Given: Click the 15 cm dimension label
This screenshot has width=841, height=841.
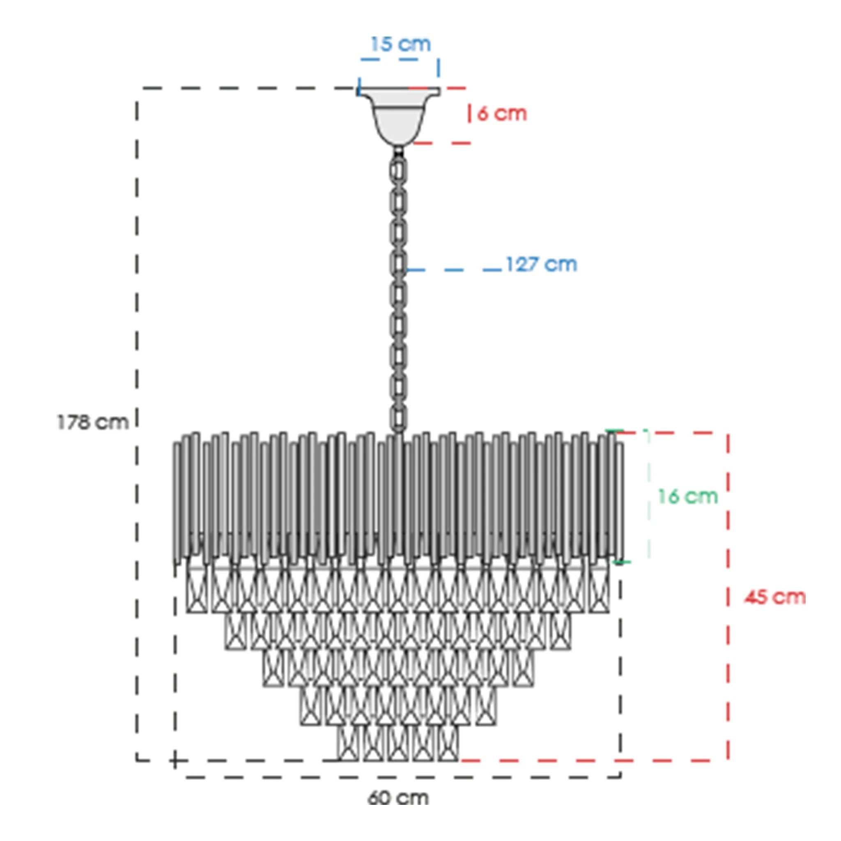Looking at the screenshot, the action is tap(400, 44).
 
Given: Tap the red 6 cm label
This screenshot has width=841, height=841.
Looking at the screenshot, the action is tap(502, 114).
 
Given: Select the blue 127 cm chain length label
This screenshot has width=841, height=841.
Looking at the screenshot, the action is tap(542, 264).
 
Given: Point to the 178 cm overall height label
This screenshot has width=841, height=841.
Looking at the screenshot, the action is tap(93, 422).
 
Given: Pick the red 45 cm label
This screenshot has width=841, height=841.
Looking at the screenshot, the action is tap(775, 597).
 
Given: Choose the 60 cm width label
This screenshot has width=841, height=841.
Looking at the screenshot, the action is tap(398, 798).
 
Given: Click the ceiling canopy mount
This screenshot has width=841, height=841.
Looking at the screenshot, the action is tap(398, 116).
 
